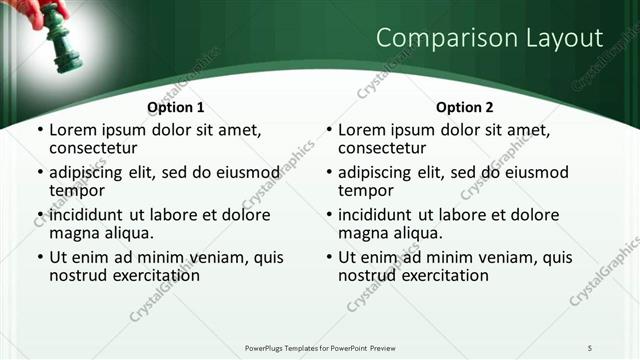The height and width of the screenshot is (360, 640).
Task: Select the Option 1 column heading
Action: (175, 107)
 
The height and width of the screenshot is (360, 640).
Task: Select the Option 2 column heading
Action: (465, 107)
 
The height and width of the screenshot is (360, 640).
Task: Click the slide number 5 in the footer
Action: (590, 347)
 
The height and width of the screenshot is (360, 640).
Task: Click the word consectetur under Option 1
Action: (96, 149)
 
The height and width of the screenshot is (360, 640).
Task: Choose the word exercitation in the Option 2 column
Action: (442, 275)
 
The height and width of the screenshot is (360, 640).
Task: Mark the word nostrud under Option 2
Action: (366, 275)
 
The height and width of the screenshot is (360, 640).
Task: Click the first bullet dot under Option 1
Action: (40, 131)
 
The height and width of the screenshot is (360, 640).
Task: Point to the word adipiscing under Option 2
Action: (380, 172)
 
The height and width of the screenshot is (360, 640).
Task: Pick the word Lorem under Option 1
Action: (73, 130)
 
